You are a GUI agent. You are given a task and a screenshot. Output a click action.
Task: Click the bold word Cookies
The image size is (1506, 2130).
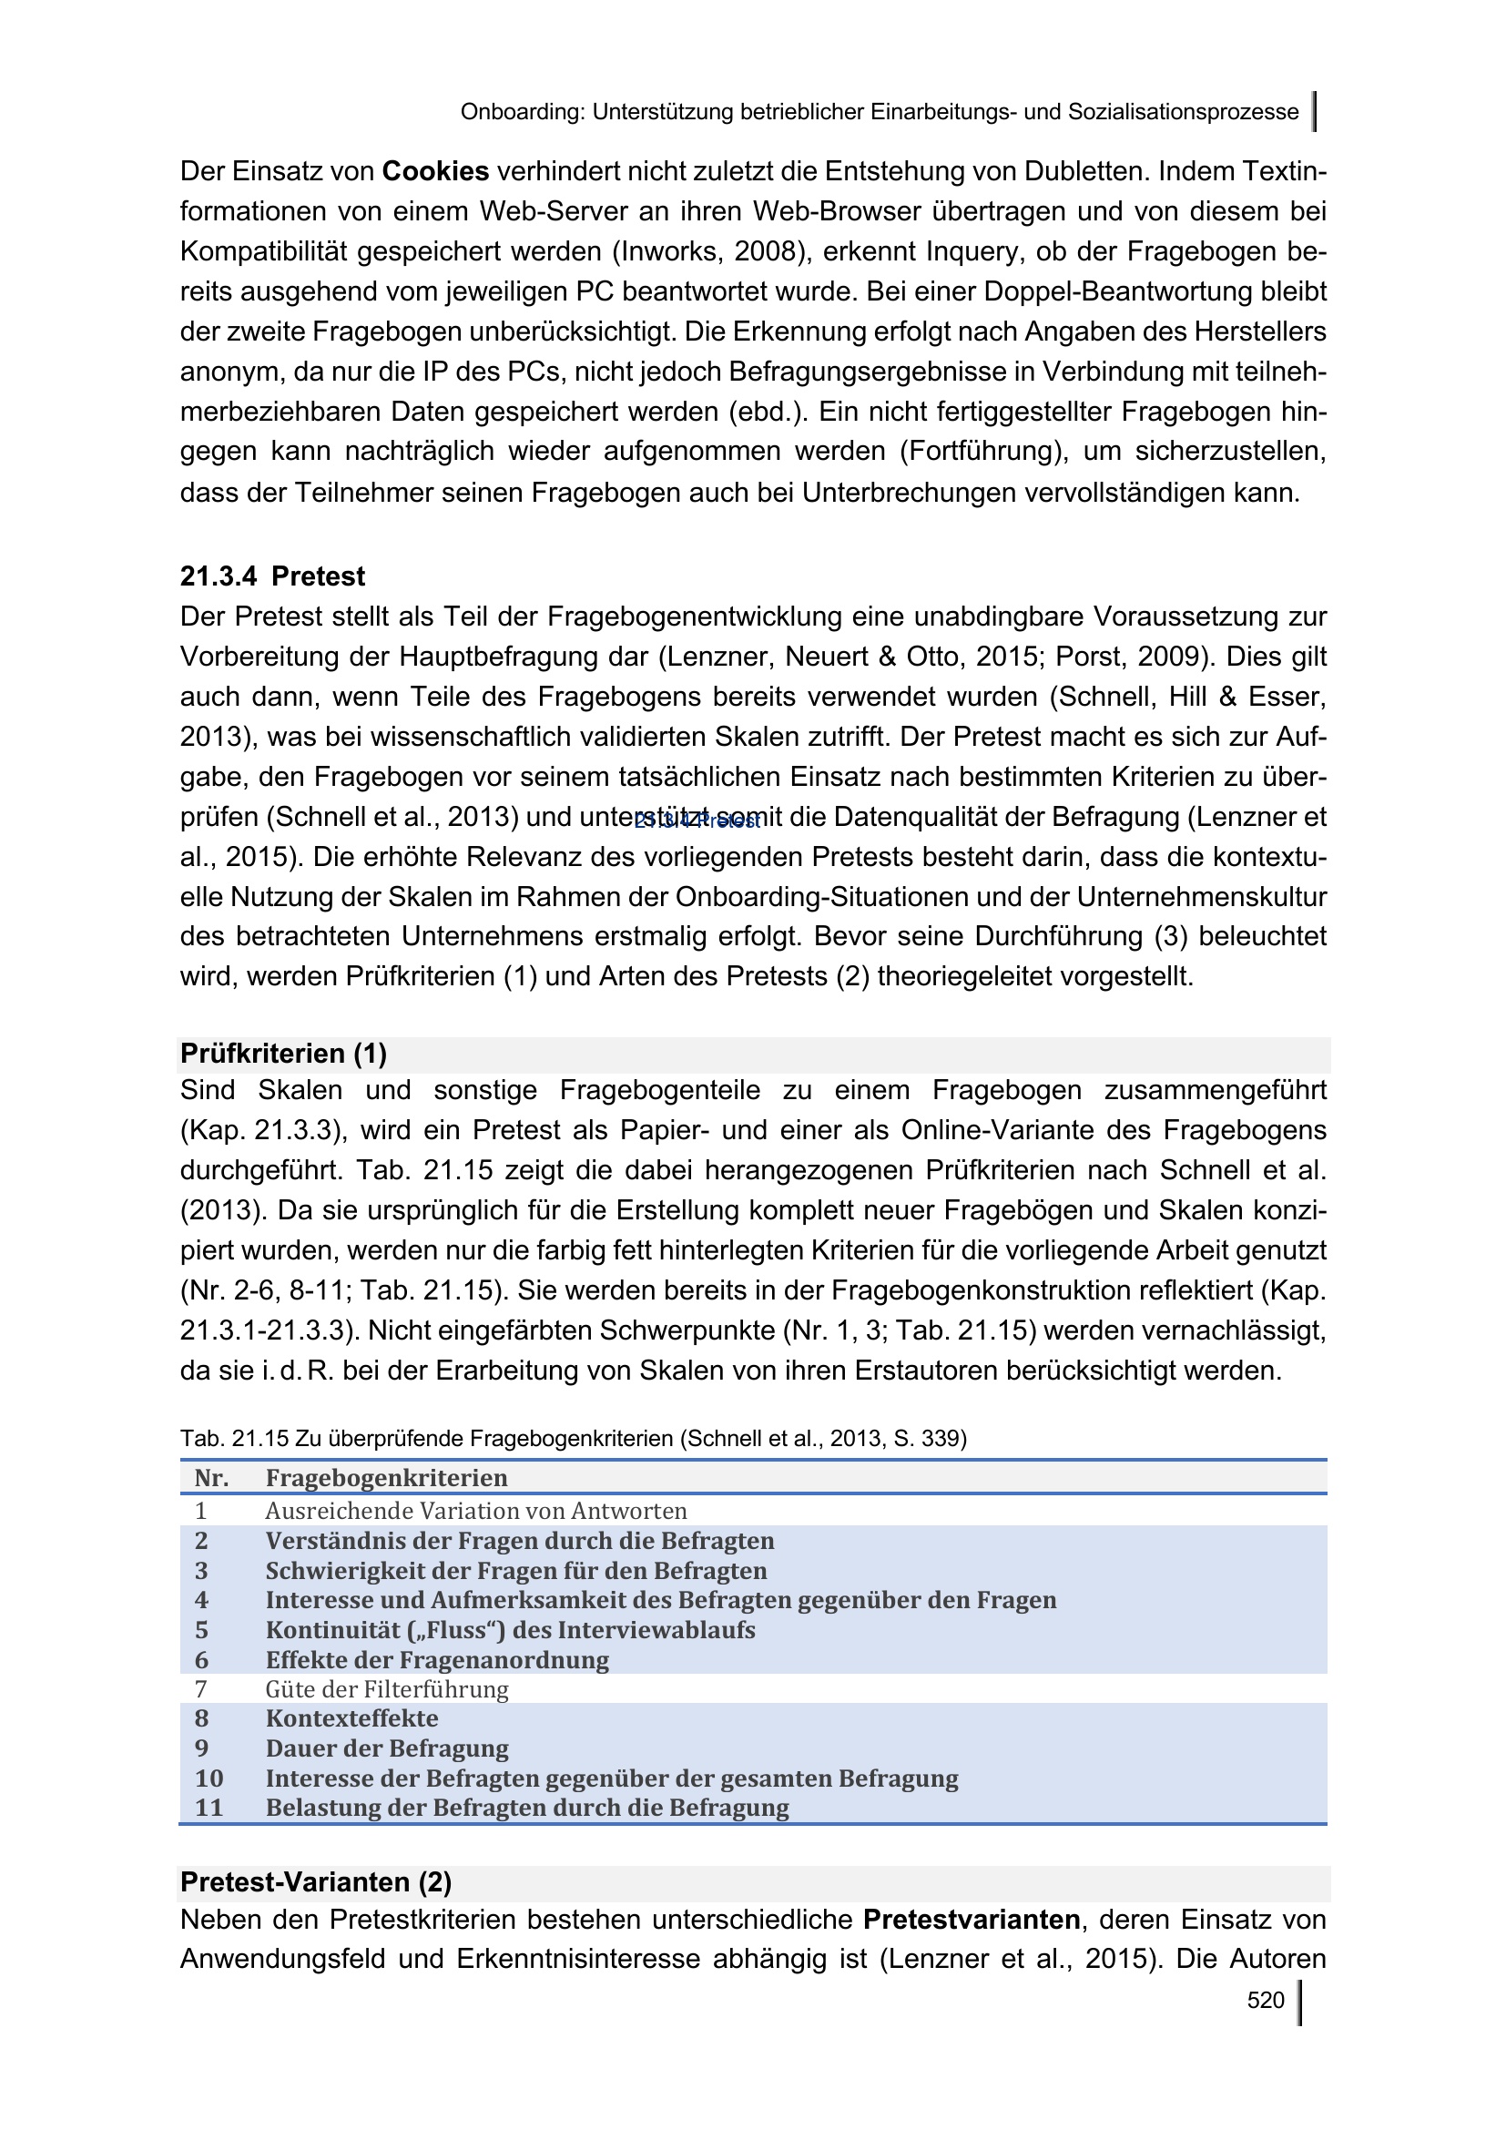click(x=435, y=171)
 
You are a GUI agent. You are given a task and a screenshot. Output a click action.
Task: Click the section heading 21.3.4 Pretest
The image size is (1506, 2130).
click(x=272, y=577)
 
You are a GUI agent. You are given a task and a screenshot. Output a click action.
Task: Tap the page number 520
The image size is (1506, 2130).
click(x=1265, y=2000)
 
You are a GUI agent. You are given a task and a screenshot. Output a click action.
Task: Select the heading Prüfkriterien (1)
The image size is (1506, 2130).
click(x=284, y=1054)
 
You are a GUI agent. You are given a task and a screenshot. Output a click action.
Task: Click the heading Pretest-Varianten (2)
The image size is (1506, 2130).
click(x=316, y=1882)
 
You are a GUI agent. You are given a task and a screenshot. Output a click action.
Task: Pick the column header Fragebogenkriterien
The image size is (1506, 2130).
click(x=387, y=1478)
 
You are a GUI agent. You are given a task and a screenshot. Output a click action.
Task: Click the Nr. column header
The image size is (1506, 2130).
click(x=211, y=1478)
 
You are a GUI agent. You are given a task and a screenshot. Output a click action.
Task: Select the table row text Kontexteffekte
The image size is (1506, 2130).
click(x=352, y=1718)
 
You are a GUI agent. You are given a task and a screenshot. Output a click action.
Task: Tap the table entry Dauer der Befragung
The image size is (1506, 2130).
click(x=388, y=1748)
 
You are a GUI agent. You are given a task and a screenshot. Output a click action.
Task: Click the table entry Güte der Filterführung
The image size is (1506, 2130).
click(x=388, y=1689)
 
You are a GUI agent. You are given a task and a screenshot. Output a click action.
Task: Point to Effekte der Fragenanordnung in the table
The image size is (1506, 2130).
click(x=438, y=1660)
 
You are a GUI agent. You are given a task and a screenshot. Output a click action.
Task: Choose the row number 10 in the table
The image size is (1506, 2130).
click(x=209, y=1778)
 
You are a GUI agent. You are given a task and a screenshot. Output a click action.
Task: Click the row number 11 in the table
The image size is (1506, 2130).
click(x=209, y=1809)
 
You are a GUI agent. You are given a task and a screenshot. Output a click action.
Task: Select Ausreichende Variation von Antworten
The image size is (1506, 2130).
click(x=476, y=1512)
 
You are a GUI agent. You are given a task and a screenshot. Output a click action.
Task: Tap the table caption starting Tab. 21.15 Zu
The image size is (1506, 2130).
click(x=573, y=1439)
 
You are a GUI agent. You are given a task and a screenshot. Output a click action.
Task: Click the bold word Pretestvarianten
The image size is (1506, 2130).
click(x=972, y=1920)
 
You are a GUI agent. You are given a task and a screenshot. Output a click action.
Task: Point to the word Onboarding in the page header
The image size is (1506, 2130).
click(x=522, y=113)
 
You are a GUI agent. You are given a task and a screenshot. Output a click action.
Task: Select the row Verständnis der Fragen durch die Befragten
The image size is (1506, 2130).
click(x=520, y=1541)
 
